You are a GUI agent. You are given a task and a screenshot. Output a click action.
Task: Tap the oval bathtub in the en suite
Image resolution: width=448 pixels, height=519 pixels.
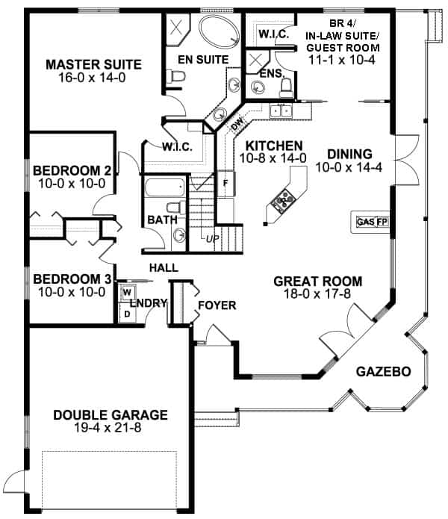[x=220, y=33]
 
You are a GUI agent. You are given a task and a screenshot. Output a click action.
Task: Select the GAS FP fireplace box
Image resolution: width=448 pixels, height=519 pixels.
[x=372, y=222]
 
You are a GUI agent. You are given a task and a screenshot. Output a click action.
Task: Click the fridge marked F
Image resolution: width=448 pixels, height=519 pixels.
[x=225, y=181]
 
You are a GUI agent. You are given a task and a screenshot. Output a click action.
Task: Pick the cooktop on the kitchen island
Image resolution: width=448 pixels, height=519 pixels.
[x=284, y=200]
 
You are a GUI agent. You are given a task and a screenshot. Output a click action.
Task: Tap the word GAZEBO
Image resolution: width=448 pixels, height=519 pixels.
[x=383, y=371]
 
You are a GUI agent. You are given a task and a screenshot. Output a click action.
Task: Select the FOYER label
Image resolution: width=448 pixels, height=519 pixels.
[x=217, y=305]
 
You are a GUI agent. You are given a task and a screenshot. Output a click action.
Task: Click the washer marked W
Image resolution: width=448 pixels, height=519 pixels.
[x=126, y=291]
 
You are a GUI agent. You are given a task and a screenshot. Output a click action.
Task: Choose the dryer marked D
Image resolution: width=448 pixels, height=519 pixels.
[x=126, y=313]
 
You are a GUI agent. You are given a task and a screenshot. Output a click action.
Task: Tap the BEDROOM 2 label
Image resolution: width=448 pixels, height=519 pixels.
[x=72, y=169]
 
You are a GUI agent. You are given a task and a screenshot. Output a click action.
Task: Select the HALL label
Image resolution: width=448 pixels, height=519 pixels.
[x=162, y=267]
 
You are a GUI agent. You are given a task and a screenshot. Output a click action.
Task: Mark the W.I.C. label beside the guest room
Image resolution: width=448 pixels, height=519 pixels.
[x=270, y=34]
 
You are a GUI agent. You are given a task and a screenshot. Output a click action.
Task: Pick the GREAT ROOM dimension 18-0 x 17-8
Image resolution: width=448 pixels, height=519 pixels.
[x=317, y=295]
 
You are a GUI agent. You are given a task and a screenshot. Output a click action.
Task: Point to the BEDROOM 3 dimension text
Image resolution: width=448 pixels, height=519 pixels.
[x=72, y=292]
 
